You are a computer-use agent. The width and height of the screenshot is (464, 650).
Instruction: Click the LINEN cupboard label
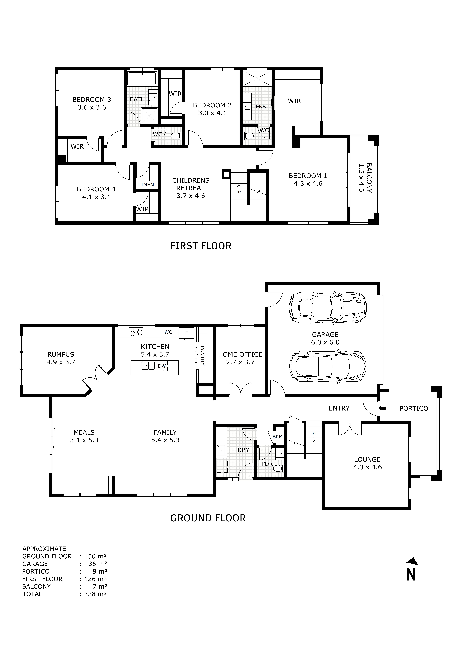[146, 185]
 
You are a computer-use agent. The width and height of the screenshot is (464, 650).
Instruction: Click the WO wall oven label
[168, 332]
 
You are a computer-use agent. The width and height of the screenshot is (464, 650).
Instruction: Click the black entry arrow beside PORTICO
[382, 408]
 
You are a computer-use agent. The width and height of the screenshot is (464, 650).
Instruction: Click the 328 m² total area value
[95, 594]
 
